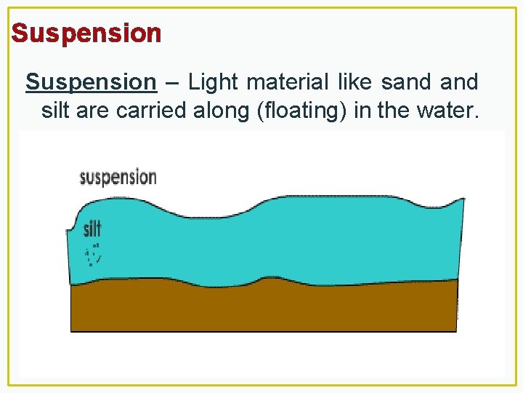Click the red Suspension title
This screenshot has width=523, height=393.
86,33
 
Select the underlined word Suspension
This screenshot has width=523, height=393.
91,82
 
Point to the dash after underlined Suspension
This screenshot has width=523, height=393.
172,83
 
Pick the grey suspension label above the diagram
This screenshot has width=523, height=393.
118,177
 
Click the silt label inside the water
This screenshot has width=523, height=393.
92,229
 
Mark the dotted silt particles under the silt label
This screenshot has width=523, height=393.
92,255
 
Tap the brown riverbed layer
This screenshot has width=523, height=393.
261,309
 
